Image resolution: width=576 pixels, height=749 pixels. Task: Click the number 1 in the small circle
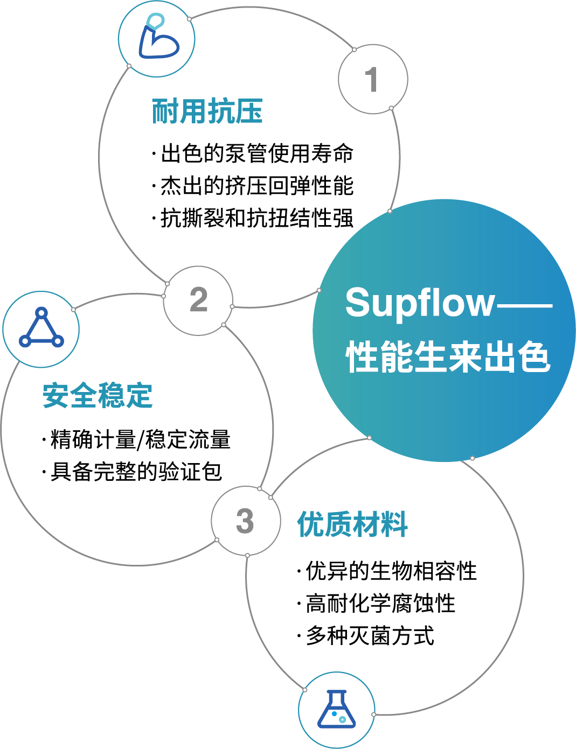click(372, 80)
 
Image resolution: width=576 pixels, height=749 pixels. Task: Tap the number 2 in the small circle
click(198, 300)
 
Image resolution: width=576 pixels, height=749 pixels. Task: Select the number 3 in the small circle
click(245, 521)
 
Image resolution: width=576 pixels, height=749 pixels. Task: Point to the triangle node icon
click(41, 329)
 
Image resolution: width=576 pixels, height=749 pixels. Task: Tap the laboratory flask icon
click(337, 710)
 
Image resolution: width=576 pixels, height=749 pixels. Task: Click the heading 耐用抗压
click(207, 111)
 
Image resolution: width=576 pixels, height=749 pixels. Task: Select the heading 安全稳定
click(98, 396)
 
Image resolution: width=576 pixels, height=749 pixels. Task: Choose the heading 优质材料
click(352, 524)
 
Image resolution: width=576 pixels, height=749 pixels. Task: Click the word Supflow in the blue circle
click(419, 303)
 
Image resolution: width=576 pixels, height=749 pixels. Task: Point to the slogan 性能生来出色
click(448, 357)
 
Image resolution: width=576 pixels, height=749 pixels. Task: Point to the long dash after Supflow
click(524, 305)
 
